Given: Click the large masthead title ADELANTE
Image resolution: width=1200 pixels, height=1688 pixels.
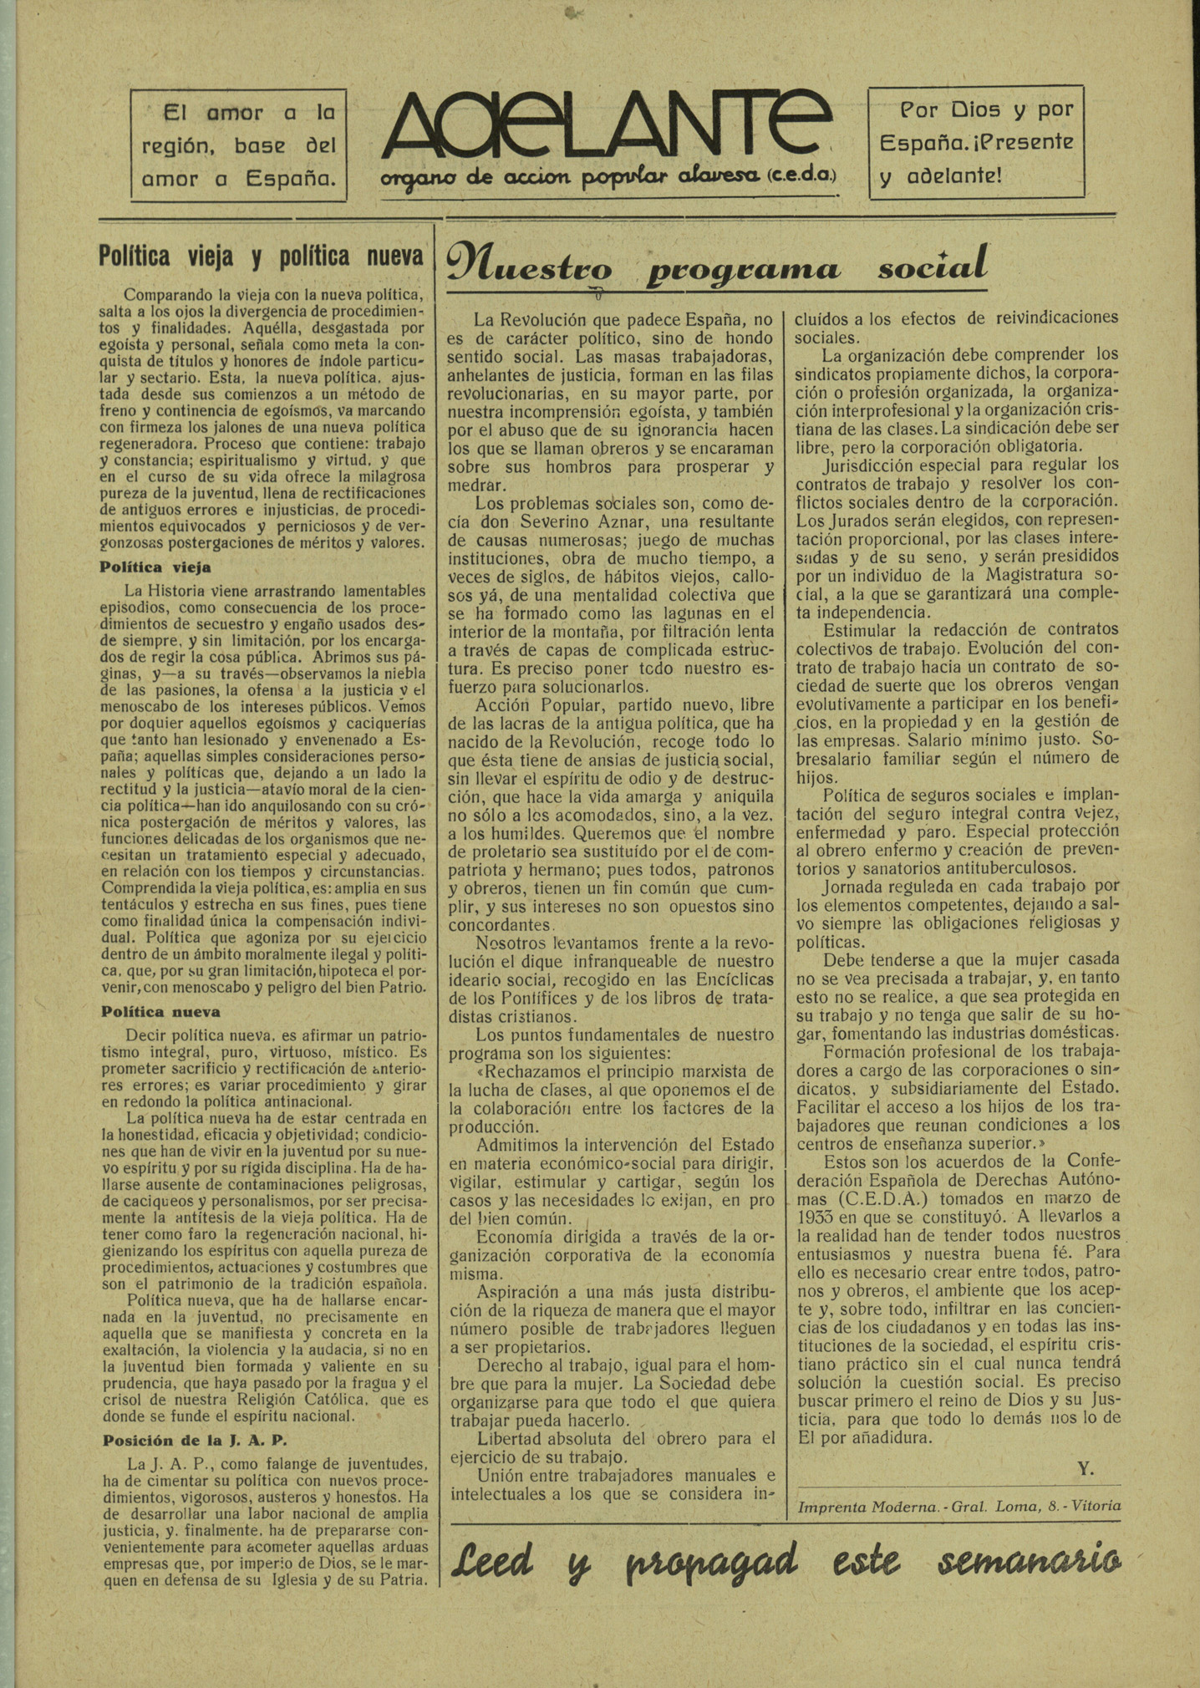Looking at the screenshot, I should pyautogui.click(x=607, y=125).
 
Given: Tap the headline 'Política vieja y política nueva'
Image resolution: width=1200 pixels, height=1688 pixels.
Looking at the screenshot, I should pyautogui.click(x=261, y=257).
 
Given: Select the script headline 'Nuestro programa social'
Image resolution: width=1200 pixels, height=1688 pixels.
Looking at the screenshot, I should pyautogui.click(x=717, y=267).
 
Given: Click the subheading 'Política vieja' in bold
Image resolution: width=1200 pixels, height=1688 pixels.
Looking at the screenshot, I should pyautogui.click(x=155, y=567).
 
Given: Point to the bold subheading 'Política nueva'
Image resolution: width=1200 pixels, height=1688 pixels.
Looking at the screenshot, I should pyautogui.click(x=160, y=1012).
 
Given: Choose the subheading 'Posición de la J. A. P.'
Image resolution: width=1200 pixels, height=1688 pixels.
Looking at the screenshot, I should pyautogui.click(x=195, y=1440).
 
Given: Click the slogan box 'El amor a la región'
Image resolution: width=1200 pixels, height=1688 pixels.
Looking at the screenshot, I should pyautogui.click(x=238, y=145).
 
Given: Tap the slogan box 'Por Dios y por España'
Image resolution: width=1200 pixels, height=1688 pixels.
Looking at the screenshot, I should pyautogui.click(x=976, y=142).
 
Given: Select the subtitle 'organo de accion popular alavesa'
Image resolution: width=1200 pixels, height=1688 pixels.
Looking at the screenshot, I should pyautogui.click(x=608, y=178).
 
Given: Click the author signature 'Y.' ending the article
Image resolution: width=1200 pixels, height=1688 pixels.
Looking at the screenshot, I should pyautogui.click(x=1085, y=1468).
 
